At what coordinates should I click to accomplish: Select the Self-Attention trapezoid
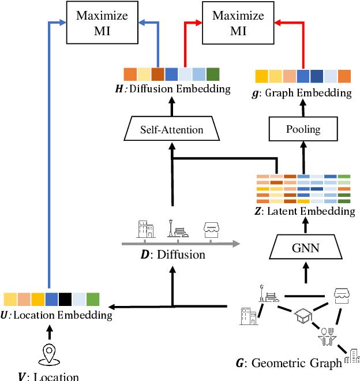[x=172, y=129]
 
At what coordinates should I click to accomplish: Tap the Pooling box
[x=303, y=129]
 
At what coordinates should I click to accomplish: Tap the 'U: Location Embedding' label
[x=57, y=315]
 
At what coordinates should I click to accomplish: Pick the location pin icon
[x=49, y=354]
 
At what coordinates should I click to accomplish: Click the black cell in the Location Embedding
[x=65, y=299]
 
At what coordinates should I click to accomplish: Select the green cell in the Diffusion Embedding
[x=212, y=74]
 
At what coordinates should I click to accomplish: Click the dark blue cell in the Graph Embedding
[x=317, y=76]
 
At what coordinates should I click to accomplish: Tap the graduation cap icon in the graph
[x=303, y=315]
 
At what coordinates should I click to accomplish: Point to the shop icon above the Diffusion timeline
[x=212, y=230]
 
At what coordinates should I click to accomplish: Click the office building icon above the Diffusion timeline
[x=145, y=229]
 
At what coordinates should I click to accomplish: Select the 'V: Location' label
[x=48, y=376]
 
